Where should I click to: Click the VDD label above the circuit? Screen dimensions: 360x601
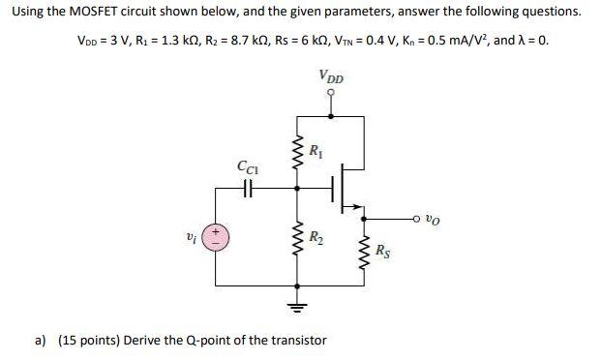click(x=331, y=76)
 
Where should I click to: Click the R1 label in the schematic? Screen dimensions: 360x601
click(x=317, y=152)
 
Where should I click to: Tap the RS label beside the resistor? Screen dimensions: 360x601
click(x=384, y=255)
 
